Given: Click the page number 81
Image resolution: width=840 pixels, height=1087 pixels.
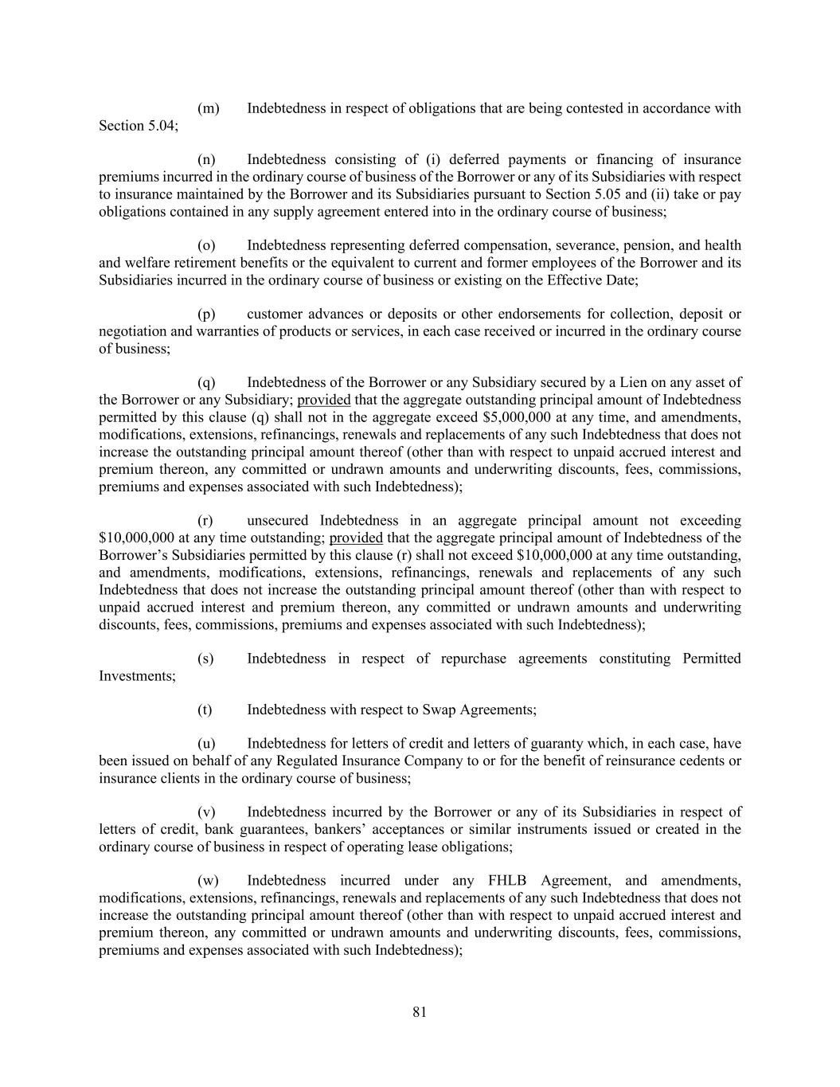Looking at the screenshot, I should (420, 1012).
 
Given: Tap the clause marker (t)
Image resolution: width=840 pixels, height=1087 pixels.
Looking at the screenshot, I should (205, 710).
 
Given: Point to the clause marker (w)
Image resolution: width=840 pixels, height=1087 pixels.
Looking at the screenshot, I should (208, 881).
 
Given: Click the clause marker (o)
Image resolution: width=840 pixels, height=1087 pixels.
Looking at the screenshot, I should (206, 245).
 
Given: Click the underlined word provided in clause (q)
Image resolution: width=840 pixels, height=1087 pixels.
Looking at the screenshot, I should (323, 400).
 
